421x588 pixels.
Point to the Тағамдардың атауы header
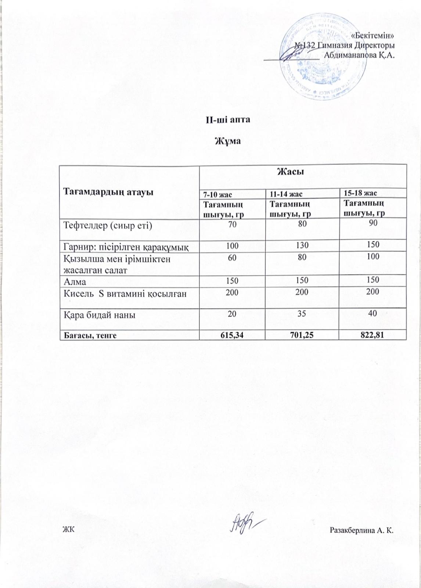click(x=109, y=191)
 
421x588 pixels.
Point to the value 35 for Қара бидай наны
click(x=302, y=314)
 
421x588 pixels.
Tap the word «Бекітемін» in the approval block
click(x=373, y=36)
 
